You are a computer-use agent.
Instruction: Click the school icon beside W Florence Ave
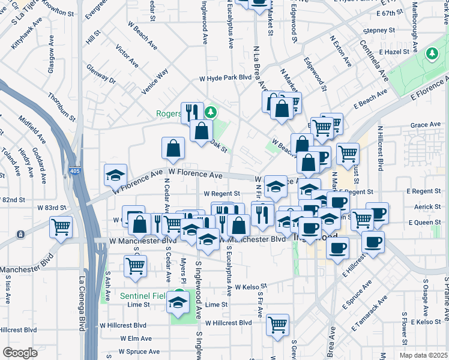(x=115, y=175)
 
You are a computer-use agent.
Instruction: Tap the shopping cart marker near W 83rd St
(x=61, y=227)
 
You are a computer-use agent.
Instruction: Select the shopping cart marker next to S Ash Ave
(x=136, y=265)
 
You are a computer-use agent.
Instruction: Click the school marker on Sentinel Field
(x=178, y=302)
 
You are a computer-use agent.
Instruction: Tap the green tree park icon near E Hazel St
(x=432, y=54)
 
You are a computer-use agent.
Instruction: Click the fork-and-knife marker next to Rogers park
(x=191, y=111)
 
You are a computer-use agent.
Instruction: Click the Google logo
(x=20, y=353)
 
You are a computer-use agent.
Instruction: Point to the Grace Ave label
(x=426, y=125)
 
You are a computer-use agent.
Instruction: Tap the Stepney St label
(x=378, y=30)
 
